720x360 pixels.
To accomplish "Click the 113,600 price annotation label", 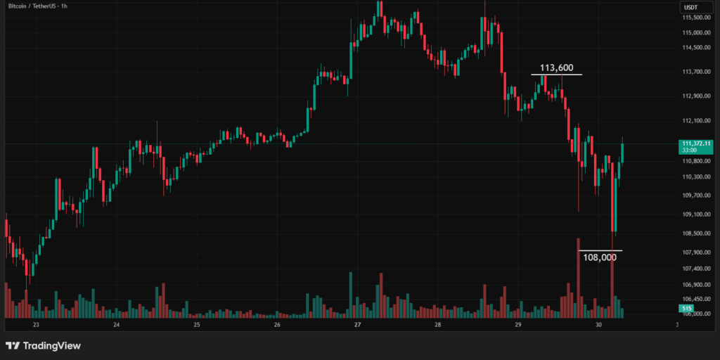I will pos(556,68).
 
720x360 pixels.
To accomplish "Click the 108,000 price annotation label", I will pos(600,257).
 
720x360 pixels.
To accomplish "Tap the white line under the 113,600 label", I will pos(556,75).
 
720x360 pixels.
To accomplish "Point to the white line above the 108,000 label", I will pos(600,250).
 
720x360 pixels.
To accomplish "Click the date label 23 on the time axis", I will pos(35,326).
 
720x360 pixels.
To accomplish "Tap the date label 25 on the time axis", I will pos(196,326).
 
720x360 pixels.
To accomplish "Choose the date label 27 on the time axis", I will pos(357,326).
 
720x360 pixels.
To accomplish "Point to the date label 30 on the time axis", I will pos(598,326).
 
